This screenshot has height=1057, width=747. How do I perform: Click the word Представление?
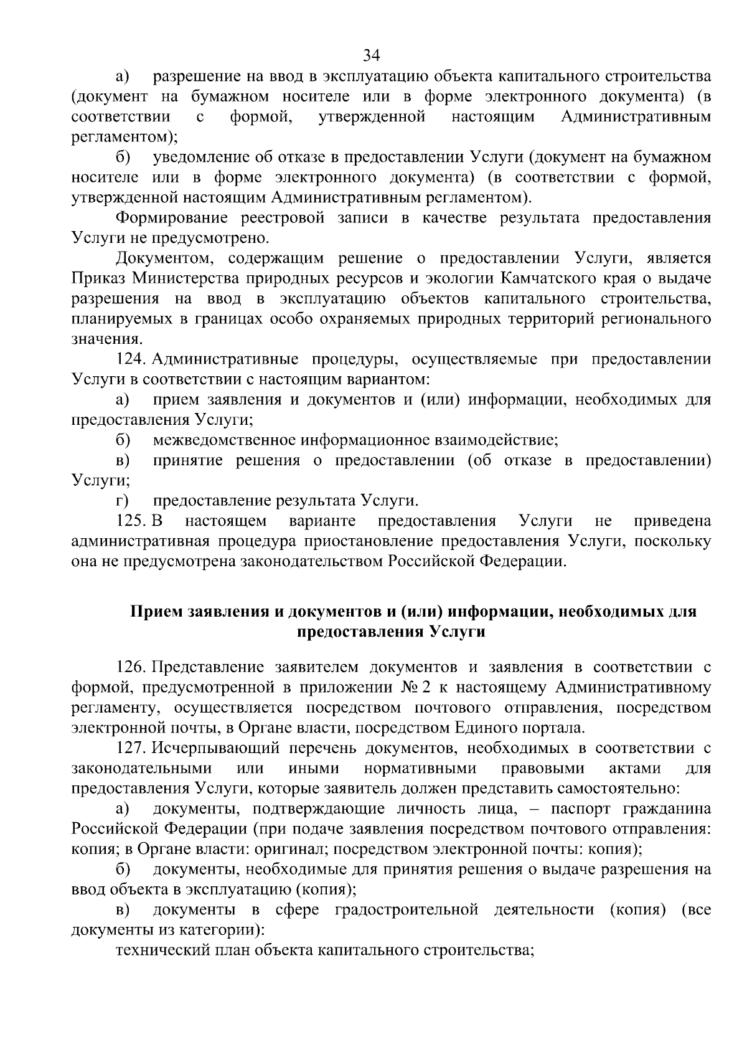pyautogui.click(x=209, y=668)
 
